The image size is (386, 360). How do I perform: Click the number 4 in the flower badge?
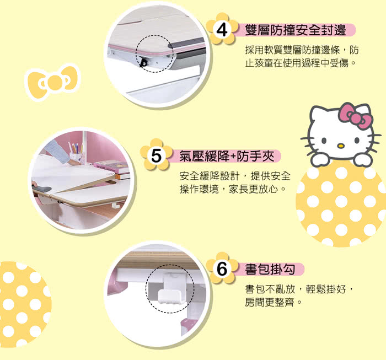pyautogui.click(x=222, y=30)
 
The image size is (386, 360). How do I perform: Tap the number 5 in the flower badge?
pyautogui.click(x=156, y=155)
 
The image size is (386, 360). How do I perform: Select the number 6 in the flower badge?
pyautogui.click(x=222, y=268)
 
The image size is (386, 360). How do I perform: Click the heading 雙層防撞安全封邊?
pyautogui.click(x=296, y=30)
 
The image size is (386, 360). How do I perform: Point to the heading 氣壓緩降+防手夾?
pyautogui.click(x=227, y=156)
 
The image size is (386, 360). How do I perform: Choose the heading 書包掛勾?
pyautogui.click(x=270, y=269)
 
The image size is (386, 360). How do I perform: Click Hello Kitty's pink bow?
pyautogui.click(x=356, y=116)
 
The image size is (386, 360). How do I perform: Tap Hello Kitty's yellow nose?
pyautogui.click(x=340, y=146)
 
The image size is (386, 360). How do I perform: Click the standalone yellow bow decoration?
pyautogui.click(x=53, y=82)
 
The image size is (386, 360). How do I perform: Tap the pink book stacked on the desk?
pyautogui.click(x=111, y=165)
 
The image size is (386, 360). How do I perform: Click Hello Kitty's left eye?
pyautogui.click(x=324, y=141)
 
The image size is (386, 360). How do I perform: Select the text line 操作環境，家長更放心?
pyautogui.click(x=233, y=189)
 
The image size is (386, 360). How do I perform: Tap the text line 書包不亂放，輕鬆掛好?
pyautogui.click(x=299, y=289)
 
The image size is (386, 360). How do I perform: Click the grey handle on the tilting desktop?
pyautogui.click(x=42, y=189)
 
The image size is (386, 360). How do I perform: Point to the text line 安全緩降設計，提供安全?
pyautogui.click(x=235, y=176)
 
